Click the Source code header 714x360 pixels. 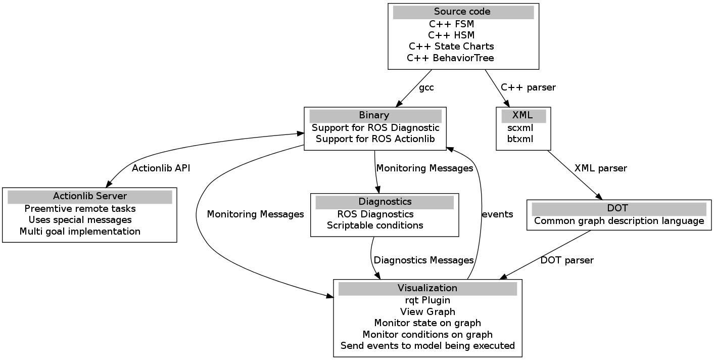pos(463,12)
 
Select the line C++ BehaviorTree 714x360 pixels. pos(450,58)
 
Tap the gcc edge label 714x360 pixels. pos(426,87)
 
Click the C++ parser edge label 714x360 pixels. pos(528,87)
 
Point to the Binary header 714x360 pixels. pos(374,116)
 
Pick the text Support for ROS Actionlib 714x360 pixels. pos(375,139)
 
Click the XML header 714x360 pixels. pos(522,116)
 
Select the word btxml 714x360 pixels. pos(520,139)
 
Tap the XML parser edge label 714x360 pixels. pos(600,168)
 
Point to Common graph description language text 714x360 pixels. pos(619,221)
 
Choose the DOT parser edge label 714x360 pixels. pos(567,260)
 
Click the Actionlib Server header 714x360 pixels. pos(90,196)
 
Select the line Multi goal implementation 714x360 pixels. pos(80,232)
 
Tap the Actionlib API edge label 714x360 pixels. pos(161,168)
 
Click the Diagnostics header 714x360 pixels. pos(385,202)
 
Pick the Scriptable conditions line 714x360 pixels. pos(375,226)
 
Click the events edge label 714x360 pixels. pos(497,214)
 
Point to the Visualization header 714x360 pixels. pos(427,288)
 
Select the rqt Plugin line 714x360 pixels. pos(427,300)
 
